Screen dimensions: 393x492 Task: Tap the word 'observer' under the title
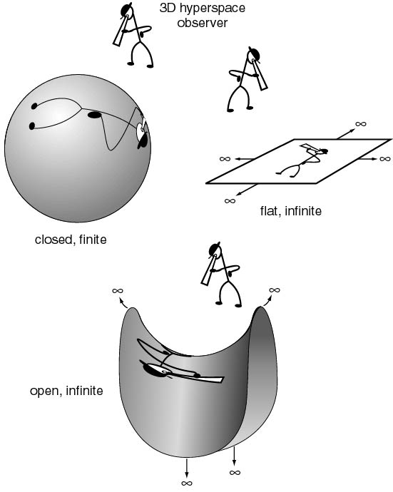click(x=202, y=23)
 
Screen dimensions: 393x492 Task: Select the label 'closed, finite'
click(x=71, y=240)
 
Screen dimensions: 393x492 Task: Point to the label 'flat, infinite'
click(x=291, y=210)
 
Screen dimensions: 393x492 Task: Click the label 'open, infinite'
click(x=66, y=391)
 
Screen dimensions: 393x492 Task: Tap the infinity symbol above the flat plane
click(x=361, y=124)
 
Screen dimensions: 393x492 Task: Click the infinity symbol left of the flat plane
click(x=225, y=159)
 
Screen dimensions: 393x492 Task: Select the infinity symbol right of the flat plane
click(x=385, y=159)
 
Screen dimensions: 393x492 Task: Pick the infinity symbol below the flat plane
click(x=230, y=201)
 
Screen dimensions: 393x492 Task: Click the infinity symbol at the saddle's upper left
click(x=118, y=290)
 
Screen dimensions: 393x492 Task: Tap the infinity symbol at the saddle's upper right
click(x=275, y=290)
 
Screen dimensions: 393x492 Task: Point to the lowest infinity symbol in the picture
click(x=187, y=483)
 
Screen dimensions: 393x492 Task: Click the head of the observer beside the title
click(x=127, y=11)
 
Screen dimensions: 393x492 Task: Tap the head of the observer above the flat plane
click(x=254, y=54)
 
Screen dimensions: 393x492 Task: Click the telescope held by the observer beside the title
click(x=121, y=30)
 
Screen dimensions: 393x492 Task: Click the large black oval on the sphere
click(x=94, y=115)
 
